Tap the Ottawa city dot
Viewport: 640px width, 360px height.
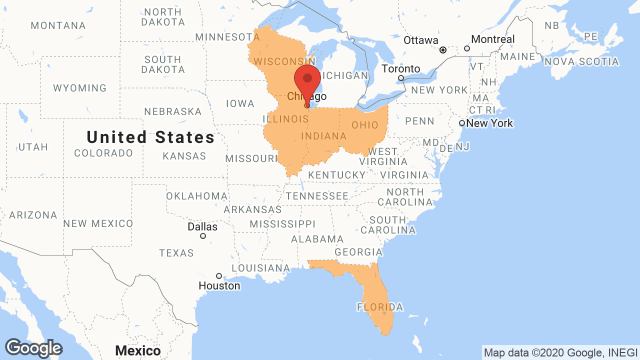(443, 50)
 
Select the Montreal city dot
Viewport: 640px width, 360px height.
(467, 48)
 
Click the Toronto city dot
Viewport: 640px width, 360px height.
(400, 78)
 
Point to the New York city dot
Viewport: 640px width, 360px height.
(462, 123)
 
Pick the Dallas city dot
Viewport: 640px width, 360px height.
(203, 236)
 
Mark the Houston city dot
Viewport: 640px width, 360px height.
(219, 276)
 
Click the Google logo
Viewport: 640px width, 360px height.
(33, 348)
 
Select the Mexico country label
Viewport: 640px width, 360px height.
(138, 351)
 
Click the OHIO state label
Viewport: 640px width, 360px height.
(365, 125)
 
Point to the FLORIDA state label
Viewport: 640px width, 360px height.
(380, 306)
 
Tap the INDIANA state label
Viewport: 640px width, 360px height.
(323, 136)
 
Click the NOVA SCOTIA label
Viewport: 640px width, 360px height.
(581, 61)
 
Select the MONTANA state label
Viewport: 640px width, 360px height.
(58, 25)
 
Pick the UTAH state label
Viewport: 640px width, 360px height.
(33, 147)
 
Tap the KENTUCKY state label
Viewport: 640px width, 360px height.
(337, 175)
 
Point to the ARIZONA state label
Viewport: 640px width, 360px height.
(33, 215)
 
